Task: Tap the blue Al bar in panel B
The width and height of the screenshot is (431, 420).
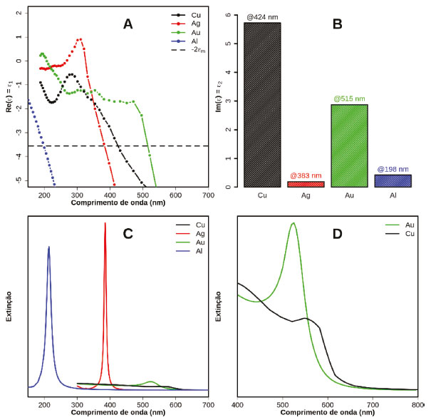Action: [393, 180]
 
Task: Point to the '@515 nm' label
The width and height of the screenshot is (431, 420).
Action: [348, 99]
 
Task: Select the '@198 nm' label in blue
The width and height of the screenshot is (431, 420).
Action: [393, 169]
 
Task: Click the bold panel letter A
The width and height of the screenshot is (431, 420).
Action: [128, 24]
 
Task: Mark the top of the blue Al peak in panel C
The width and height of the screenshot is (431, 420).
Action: [48, 247]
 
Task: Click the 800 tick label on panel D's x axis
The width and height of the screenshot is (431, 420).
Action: [417, 405]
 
